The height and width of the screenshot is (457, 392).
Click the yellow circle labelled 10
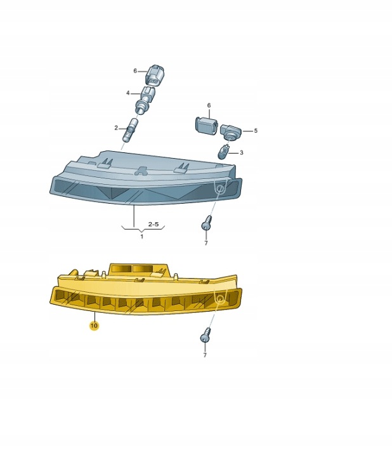94,325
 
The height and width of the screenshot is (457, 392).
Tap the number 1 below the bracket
142,236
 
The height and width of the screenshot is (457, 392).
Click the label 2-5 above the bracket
154,224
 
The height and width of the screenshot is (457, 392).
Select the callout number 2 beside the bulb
116,128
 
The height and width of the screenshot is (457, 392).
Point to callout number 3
241,153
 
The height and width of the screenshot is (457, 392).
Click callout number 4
128,93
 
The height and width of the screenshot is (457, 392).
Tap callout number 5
256,131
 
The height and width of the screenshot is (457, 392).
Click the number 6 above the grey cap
209,105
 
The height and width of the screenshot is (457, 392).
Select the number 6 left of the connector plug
135,71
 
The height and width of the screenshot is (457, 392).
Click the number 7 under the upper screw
206,242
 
